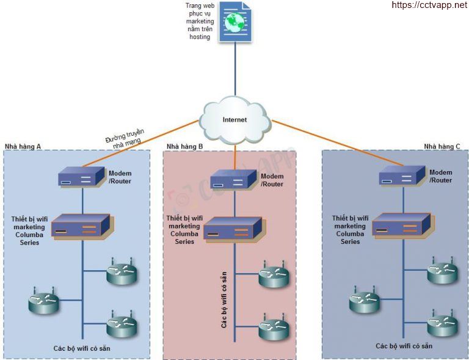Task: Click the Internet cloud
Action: [x=235, y=119]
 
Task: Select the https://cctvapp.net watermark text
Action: [x=429, y=6]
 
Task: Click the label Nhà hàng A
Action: [x=23, y=147]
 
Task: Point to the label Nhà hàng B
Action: [x=184, y=147]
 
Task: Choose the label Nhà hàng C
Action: [x=442, y=147]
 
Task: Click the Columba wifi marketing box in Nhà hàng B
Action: [x=233, y=229]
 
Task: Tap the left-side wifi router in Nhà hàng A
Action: [x=43, y=303]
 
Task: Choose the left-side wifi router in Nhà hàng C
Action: [x=365, y=302]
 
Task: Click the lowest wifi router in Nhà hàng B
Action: [x=272, y=331]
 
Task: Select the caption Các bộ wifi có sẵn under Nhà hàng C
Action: [x=404, y=346]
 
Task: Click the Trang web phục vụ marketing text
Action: [x=200, y=21]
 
